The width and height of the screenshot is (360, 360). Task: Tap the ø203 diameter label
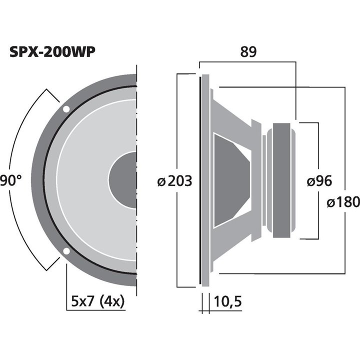click(x=174, y=181)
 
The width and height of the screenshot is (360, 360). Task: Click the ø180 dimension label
click(x=342, y=202)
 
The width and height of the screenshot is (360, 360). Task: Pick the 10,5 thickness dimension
click(x=228, y=302)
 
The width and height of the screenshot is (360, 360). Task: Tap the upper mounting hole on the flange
click(x=66, y=109)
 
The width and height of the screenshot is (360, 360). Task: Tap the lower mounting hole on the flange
click(x=66, y=251)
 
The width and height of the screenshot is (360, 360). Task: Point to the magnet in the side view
click(x=281, y=180)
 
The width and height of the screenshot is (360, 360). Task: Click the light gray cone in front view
click(x=85, y=180)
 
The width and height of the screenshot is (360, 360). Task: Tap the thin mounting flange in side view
click(x=204, y=180)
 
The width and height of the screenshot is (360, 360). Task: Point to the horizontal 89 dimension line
click(x=248, y=62)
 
